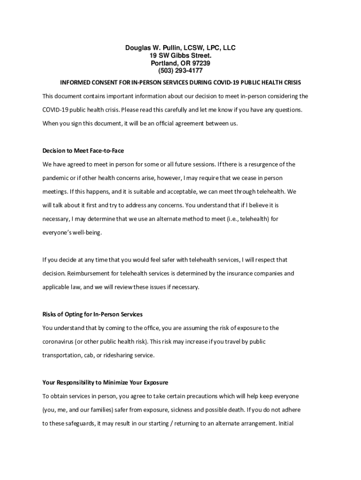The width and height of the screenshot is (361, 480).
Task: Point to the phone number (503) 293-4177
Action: [180, 71]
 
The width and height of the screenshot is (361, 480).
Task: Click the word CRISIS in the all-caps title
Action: [291, 82]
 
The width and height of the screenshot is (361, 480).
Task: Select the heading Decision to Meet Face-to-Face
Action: [83, 151]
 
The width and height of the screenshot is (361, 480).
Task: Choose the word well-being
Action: [87, 232]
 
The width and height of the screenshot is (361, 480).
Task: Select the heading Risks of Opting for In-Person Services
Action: [92, 314]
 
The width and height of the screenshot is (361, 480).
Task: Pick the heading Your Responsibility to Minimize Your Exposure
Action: [105, 382]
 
